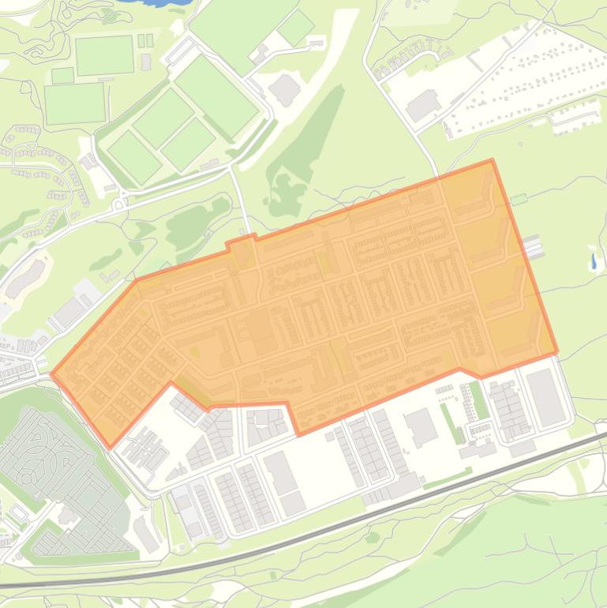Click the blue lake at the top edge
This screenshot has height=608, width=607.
tap(162, 2)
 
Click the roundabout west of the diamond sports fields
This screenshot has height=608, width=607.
tap(120, 205)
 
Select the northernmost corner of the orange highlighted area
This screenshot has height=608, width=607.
tap(492, 160)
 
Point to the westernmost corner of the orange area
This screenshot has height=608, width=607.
tap(52, 374)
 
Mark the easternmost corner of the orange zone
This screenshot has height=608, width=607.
tap(557, 352)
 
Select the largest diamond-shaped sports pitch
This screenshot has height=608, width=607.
tap(215, 96)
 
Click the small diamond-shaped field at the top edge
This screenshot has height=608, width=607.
tap(295, 28)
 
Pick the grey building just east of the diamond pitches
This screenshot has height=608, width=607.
tap(285, 89)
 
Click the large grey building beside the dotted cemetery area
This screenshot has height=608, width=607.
tap(423, 105)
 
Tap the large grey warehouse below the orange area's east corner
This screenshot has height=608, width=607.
tap(545, 397)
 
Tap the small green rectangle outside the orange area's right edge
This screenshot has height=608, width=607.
tap(518, 201)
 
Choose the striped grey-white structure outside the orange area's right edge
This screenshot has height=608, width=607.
tap(534, 246)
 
